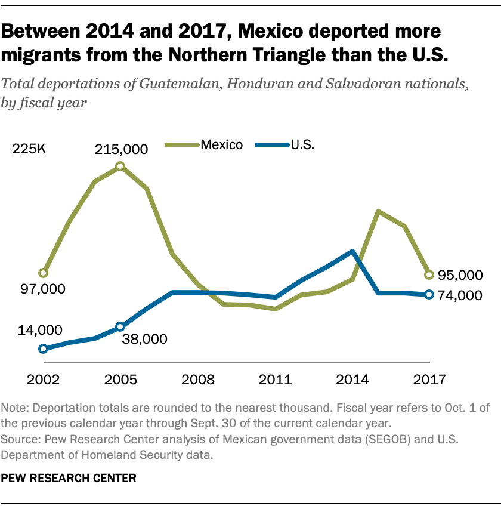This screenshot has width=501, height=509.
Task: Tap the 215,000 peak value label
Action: pos(120,149)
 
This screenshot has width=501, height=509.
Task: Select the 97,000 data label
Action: pos(39,289)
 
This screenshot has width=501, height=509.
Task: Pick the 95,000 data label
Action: pos(459,275)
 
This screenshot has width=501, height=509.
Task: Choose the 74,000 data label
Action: pos(459,295)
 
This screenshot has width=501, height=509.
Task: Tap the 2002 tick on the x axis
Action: pos(42,379)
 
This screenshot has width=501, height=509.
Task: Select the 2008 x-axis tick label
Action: pos(197,379)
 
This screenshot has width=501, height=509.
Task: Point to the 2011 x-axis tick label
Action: pos(275,379)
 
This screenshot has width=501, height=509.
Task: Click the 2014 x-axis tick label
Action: pos(352,379)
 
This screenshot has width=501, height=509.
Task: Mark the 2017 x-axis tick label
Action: pos(429,379)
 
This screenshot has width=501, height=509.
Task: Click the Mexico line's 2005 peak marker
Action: pos(120,166)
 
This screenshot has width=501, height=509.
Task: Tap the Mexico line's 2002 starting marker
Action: pos(43,273)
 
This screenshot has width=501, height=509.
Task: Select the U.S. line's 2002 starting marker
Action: pos(43,348)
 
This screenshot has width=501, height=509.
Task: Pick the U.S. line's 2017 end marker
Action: pos(429,295)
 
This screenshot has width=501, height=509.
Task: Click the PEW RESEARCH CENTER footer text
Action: pos(69,478)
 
